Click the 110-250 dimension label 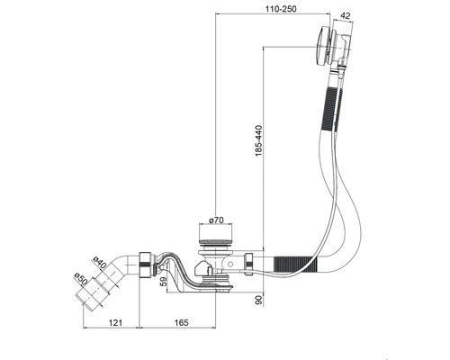coord(280,9)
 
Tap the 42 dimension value coord(346,16)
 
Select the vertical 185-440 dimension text coord(258,140)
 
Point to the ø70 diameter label coord(216,220)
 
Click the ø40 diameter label coord(100,263)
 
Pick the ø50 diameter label coord(80,280)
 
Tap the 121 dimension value coord(115,322)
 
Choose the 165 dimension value coord(182,322)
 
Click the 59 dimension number coord(164,282)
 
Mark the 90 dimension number coord(258,300)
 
